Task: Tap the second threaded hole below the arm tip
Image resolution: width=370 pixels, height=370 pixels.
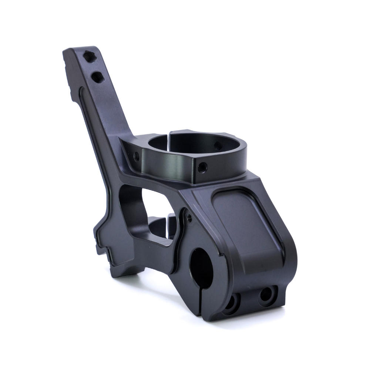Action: [x=97, y=77]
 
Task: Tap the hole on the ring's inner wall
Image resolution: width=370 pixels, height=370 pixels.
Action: [x=218, y=146]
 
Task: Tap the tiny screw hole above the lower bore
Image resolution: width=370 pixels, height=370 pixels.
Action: [x=189, y=217]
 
